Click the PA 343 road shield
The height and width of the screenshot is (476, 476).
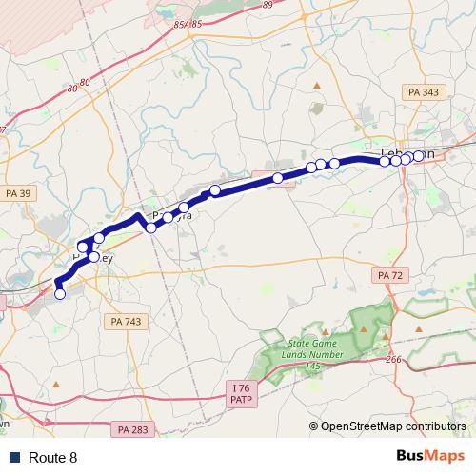tap(423, 91)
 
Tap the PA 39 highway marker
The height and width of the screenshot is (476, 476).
tap(18, 194)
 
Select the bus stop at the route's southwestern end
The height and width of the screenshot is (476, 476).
tap(60, 294)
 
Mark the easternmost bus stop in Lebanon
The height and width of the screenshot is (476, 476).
tap(419, 155)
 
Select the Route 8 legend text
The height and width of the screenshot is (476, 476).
tap(53, 458)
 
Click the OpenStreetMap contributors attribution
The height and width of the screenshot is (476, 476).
tap(392, 427)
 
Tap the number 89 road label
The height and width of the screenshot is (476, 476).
tap(267, 5)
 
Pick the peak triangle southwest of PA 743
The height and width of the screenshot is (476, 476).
tap(56, 385)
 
